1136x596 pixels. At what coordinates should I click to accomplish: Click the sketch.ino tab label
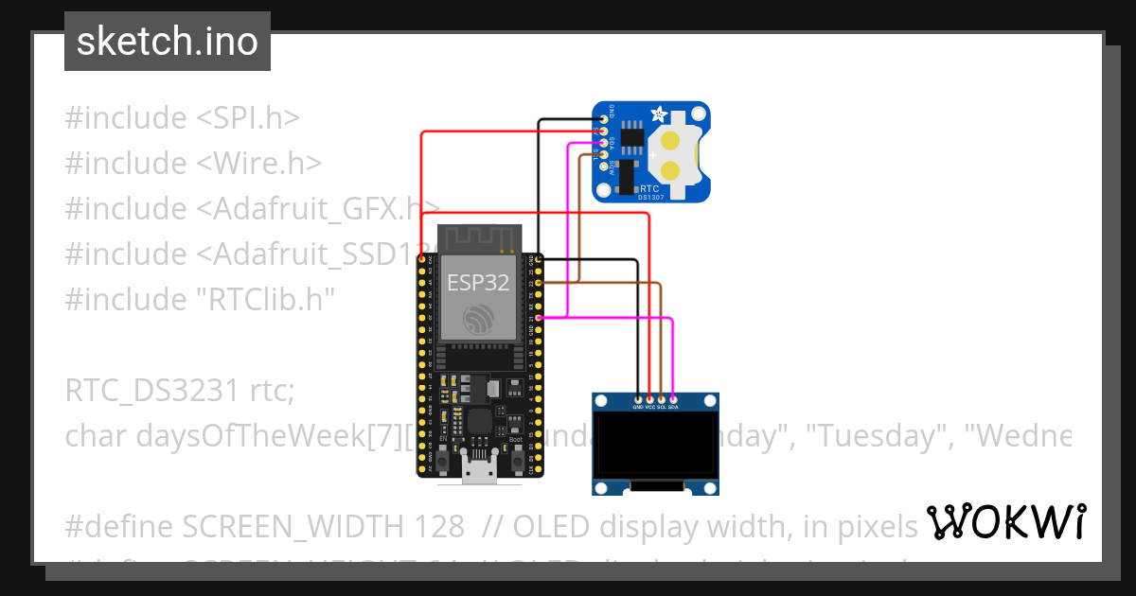click(x=167, y=42)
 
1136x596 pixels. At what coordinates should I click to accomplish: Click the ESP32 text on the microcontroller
click(x=478, y=281)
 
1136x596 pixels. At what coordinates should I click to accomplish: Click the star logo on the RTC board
click(x=659, y=114)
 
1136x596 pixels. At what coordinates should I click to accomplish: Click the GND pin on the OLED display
click(x=639, y=397)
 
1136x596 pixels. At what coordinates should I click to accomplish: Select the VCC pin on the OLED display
click(x=650, y=397)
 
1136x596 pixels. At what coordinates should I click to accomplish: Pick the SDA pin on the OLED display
click(x=673, y=397)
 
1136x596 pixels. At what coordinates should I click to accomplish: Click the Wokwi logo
click(x=1005, y=521)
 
